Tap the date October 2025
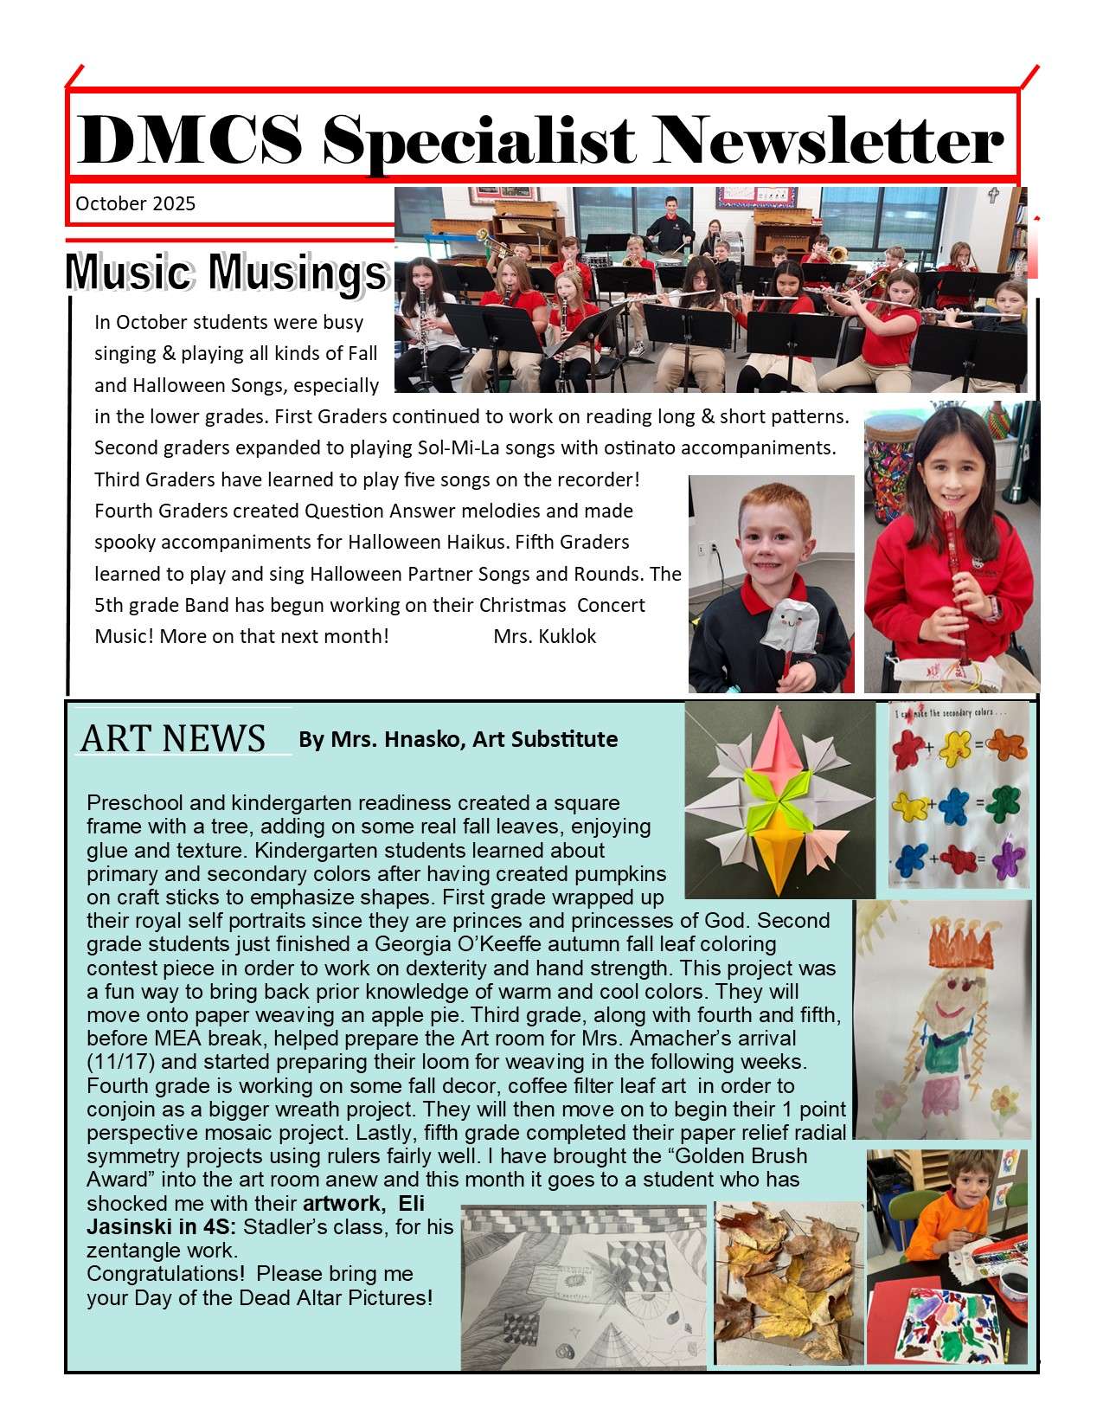click(x=136, y=204)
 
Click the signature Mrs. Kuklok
click(x=544, y=637)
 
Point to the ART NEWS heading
click(x=172, y=738)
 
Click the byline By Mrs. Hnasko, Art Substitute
click(x=458, y=739)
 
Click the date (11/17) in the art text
click(x=115, y=1061)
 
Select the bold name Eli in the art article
click(x=411, y=1203)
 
